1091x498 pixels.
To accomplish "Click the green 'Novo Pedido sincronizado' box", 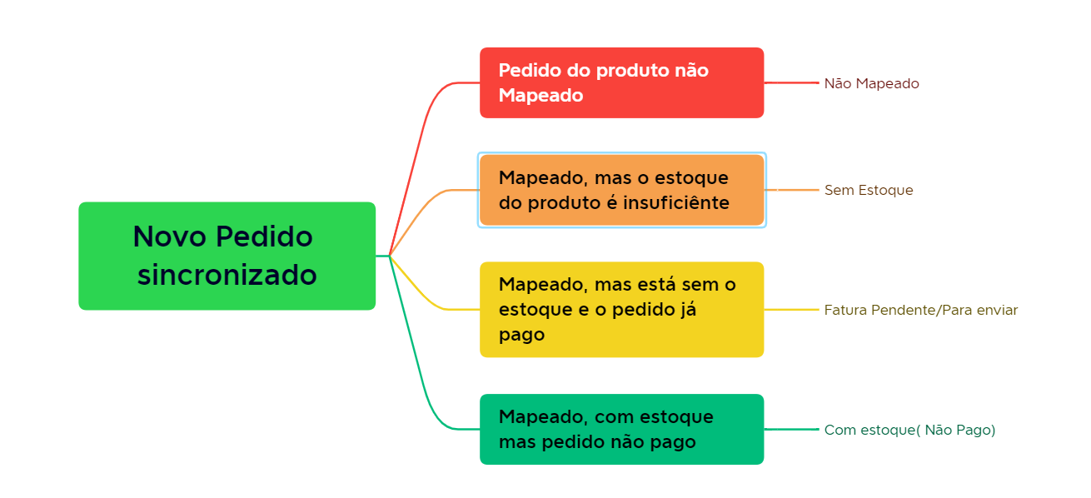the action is coord(227,256).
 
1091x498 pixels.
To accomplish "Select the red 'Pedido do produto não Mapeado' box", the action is coord(621,82).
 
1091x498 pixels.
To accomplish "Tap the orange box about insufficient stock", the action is coord(621,190).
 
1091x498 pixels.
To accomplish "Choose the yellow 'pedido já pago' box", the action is coord(621,310).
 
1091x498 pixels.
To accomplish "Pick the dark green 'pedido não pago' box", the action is coord(621,430).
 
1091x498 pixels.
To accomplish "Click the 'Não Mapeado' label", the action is coord(871,83).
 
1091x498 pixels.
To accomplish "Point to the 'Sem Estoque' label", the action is coord(869,190).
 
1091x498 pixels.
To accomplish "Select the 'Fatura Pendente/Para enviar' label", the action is coord(920,310).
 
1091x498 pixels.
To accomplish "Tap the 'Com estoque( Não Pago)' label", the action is coord(909,430).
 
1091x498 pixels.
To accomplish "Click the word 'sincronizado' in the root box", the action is coord(227,275).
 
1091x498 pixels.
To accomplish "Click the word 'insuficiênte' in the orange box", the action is coord(676,202).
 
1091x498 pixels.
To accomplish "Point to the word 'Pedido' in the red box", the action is coord(530,70).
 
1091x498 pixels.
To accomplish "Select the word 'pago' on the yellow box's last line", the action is coord(521,336).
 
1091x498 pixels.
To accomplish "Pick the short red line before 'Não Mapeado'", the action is coord(791,82).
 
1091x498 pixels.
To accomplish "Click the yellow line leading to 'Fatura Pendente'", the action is coord(791,310).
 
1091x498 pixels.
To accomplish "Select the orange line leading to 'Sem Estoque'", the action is coord(793,190).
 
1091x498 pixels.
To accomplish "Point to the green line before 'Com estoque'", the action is coord(791,430).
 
